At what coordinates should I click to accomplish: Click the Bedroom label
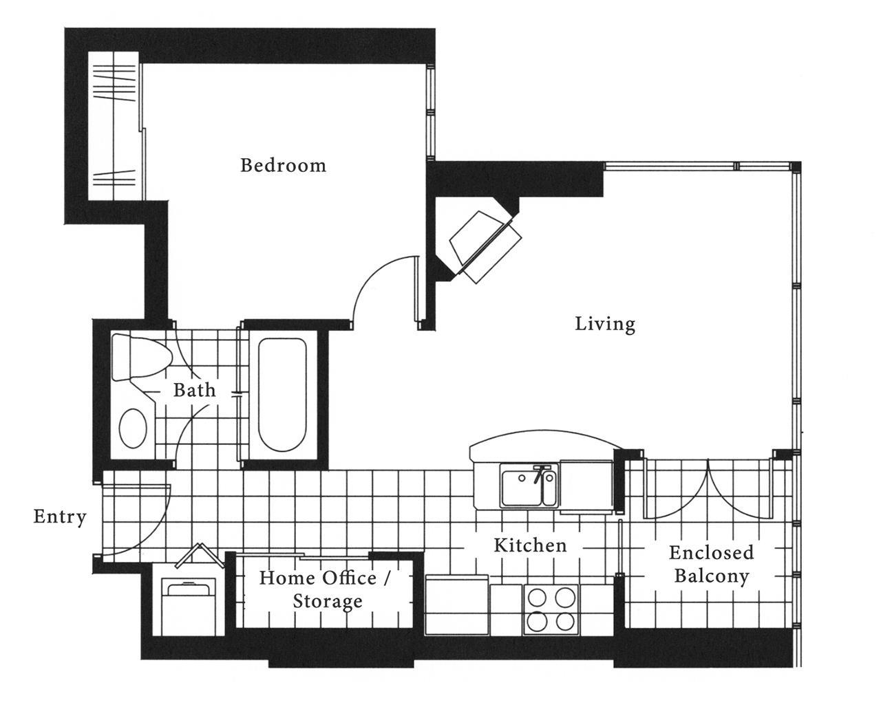pyautogui.click(x=284, y=165)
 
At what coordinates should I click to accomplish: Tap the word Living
pyautogui.click(x=605, y=325)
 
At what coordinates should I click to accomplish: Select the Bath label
pyautogui.click(x=195, y=390)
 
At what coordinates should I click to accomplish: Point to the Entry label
pyautogui.click(x=60, y=517)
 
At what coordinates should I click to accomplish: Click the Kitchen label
pyautogui.click(x=530, y=545)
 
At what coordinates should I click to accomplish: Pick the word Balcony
pyautogui.click(x=712, y=576)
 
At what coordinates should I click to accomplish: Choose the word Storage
pyautogui.click(x=328, y=602)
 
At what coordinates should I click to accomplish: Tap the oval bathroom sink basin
pyautogui.click(x=133, y=428)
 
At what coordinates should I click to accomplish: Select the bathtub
pyautogui.click(x=282, y=394)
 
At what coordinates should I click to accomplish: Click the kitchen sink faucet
pyautogui.click(x=541, y=473)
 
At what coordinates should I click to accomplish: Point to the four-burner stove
pyautogui.click(x=551, y=609)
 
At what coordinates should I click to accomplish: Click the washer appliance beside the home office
pyautogui.click(x=189, y=607)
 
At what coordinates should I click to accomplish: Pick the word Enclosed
pyautogui.click(x=712, y=553)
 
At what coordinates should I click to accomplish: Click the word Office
pyautogui.click(x=349, y=578)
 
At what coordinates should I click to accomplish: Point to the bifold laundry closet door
pyautogui.click(x=200, y=555)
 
